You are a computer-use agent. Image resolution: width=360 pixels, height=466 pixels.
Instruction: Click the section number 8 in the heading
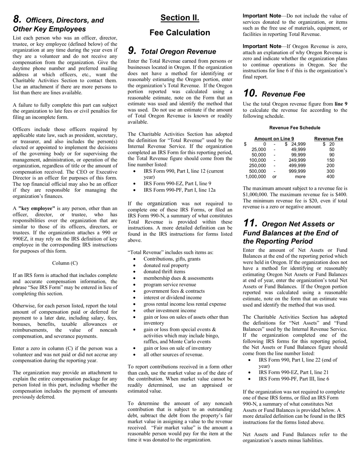(17, 19)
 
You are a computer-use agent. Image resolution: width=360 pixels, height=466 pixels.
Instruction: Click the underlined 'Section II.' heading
(180, 18)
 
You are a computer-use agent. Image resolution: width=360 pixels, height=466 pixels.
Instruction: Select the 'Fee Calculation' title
(180, 33)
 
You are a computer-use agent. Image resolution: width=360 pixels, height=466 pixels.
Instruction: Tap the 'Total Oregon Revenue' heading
(178, 52)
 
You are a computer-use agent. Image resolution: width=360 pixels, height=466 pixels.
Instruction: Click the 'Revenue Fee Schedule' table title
(294, 128)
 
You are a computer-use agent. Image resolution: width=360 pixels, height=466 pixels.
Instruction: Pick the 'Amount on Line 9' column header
(274, 139)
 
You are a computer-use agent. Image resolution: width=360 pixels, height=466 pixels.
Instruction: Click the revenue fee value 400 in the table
(330, 176)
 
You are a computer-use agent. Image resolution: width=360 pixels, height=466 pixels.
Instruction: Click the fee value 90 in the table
(332, 155)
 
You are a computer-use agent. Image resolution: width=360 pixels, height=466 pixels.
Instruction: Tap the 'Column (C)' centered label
(65, 263)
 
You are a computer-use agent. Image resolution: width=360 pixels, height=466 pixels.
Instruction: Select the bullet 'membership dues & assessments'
(178, 278)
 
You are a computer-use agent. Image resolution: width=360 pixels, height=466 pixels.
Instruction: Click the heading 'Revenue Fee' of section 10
(284, 94)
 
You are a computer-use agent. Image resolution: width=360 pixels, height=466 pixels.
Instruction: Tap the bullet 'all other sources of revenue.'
(173, 355)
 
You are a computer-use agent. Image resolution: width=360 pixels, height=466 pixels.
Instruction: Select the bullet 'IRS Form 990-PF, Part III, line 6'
(294, 379)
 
